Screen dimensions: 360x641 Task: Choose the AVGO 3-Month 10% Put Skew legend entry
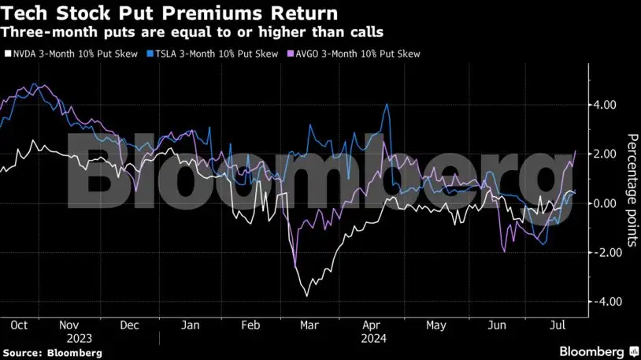pyautogui.click(x=355, y=54)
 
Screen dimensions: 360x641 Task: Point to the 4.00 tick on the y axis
pyautogui.click(x=605, y=105)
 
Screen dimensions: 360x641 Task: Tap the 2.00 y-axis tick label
pyautogui.click(x=605, y=154)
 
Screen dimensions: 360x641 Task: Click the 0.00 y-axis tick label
pyautogui.click(x=605, y=203)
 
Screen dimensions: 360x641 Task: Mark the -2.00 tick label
pyautogui.click(x=603, y=253)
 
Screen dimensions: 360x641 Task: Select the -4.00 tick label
pyautogui.click(x=603, y=302)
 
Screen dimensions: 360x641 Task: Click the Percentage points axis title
pyautogui.click(x=632, y=190)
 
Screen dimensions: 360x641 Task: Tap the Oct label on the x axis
pyautogui.click(x=20, y=325)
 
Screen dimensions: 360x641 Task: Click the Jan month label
pyautogui.click(x=190, y=325)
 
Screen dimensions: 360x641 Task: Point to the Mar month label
pyautogui.click(x=309, y=325)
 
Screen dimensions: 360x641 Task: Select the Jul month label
pyautogui.click(x=556, y=325)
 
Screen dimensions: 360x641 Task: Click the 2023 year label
pyautogui.click(x=80, y=337)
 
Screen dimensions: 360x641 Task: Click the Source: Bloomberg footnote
pyautogui.click(x=52, y=353)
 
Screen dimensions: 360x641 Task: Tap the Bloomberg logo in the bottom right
pyautogui.click(x=598, y=351)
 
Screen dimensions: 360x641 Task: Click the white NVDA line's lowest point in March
pyautogui.click(x=306, y=296)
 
